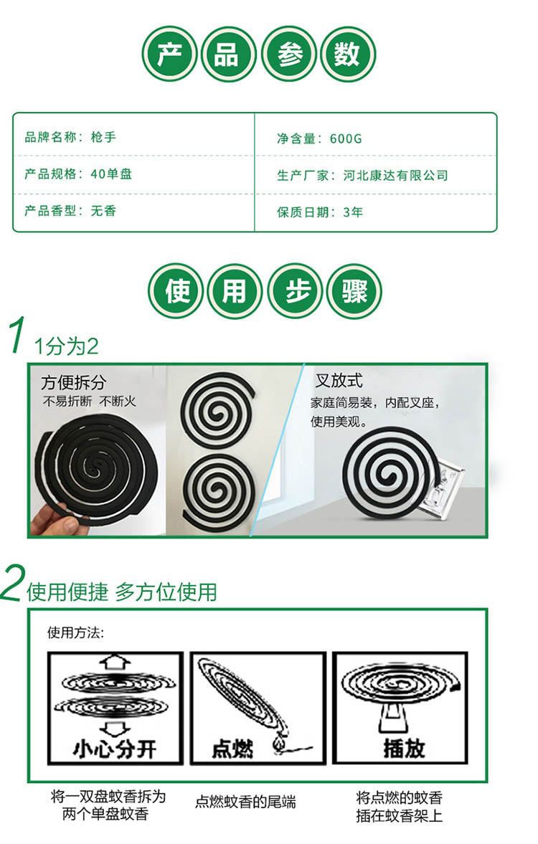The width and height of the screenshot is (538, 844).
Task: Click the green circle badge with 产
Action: [x=169, y=54]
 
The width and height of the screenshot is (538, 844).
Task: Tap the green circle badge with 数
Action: [x=347, y=54]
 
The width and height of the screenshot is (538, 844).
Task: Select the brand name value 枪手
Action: [x=103, y=137]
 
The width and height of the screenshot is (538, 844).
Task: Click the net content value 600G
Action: [x=346, y=139]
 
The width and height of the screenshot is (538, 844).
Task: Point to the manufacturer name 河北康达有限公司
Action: [x=396, y=176]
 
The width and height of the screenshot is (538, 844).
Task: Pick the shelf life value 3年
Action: [x=353, y=212]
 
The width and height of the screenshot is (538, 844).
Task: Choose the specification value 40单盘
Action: [x=111, y=174]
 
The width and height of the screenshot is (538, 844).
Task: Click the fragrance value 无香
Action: [x=103, y=210]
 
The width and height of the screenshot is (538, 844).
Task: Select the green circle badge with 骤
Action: [x=354, y=291]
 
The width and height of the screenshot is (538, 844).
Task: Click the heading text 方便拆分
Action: [x=74, y=382]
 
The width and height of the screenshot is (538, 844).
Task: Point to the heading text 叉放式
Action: [x=339, y=381]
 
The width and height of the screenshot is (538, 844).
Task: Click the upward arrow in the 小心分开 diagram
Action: [x=115, y=663]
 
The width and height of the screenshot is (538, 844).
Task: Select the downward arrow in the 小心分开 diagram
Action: [x=115, y=729]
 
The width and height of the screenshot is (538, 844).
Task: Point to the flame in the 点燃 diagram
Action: [x=278, y=746]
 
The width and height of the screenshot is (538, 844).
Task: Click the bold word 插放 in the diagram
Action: [x=405, y=748]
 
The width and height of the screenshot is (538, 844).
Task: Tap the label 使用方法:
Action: [x=75, y=632]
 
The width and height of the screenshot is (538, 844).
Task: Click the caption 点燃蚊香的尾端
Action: [x=245, y=802]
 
